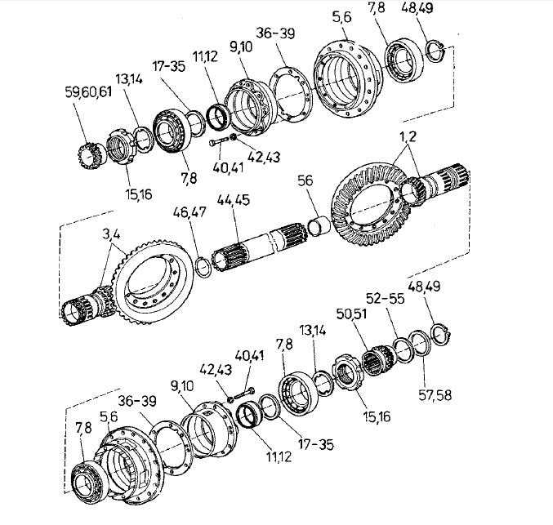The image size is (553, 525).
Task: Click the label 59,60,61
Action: point(88,92)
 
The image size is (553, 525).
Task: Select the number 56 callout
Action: point(305,180)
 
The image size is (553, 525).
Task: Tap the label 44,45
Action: point(233,199)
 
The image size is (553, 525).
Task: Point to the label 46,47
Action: point(190,212)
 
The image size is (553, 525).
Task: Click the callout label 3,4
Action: point(111,234)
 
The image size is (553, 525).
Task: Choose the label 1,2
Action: point(408,136)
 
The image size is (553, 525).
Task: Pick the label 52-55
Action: point(385,299)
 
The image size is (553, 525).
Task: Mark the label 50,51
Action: point(351,314)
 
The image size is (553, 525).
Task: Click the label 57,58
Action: point(435,395)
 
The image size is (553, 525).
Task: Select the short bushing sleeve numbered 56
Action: point(319,226)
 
